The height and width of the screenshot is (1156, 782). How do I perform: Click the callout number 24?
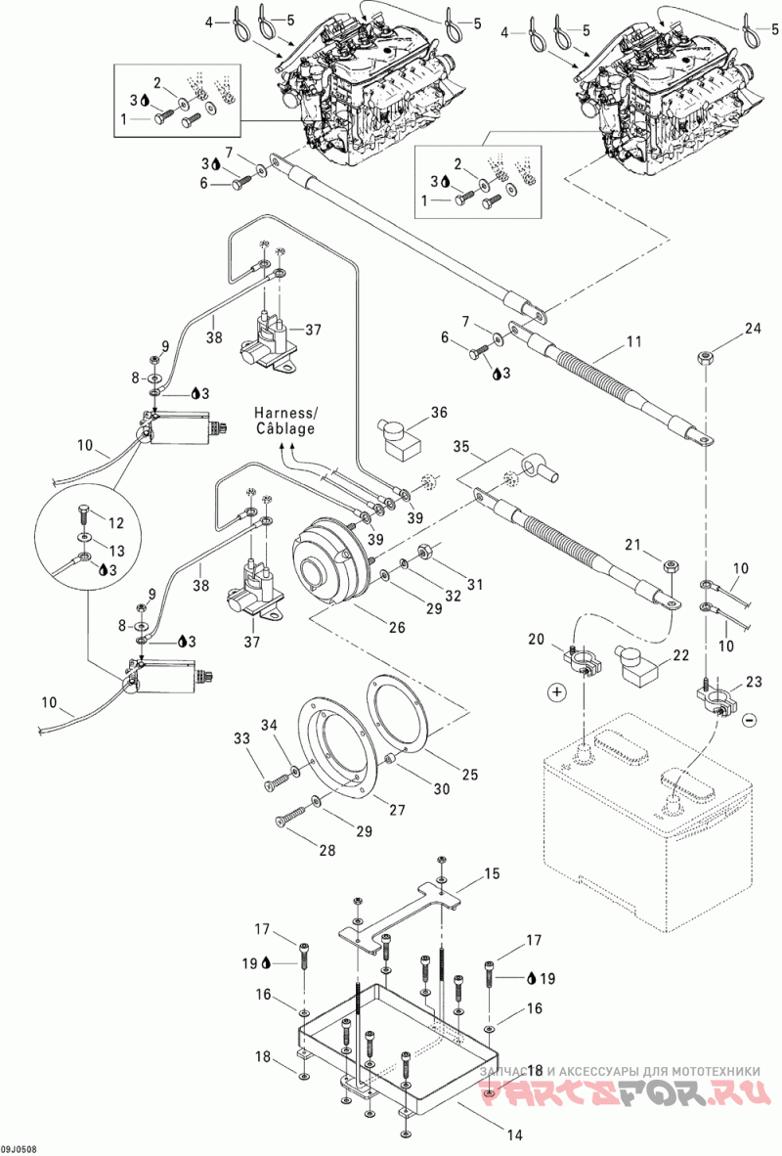pos(752,329)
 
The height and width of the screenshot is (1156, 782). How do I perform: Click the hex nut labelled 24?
pos(705,358)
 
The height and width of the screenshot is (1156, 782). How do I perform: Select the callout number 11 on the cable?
pos(633,341)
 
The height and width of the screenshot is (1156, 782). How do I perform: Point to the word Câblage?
pos(285,428)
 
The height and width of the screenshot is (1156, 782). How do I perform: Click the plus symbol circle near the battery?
pos(556,693)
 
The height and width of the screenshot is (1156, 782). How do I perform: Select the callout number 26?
pos(397,628)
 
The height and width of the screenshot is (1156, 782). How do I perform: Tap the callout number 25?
pos(469,775)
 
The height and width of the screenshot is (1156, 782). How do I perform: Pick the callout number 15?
pos(492,873)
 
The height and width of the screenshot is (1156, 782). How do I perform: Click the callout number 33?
pos(242,738)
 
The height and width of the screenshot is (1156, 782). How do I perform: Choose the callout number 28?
pos(326,850)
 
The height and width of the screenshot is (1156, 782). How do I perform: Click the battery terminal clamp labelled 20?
pos(583,654)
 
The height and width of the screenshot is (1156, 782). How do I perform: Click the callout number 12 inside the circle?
pos(115,522)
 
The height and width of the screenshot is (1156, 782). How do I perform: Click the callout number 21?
pos(632,544)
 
